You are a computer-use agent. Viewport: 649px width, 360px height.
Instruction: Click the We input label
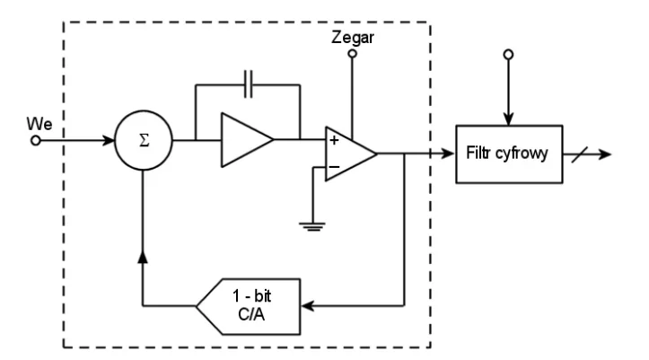[39, 124]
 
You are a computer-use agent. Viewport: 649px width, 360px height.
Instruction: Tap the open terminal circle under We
[36, 141]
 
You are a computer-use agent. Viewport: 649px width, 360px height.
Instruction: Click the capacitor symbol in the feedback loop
[249, 84]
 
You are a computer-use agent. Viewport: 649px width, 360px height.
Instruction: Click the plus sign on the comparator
[334, 140]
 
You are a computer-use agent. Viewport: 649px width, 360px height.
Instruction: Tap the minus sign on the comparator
[334, 167]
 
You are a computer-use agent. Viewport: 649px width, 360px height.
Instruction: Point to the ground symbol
[312, 227]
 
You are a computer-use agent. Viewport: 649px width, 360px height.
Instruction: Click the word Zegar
[353, 38]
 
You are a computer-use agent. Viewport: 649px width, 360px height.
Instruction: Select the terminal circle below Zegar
[352, 54]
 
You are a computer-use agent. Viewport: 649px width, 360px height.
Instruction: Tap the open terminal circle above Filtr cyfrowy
[508, 55]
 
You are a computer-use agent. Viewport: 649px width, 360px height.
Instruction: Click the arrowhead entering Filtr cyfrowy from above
[508, 119]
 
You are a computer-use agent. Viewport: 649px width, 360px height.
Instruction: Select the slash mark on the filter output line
[580, 154]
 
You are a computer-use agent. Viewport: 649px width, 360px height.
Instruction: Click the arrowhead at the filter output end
[605, 154]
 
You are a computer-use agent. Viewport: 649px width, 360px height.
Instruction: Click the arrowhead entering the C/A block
[308, 306]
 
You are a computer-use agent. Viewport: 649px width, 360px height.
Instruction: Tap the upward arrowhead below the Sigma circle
[143, 256]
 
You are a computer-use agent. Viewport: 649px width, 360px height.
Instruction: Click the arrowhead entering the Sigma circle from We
[109, 141]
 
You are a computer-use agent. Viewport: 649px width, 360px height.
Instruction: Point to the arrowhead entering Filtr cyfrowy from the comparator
[448, 154]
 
